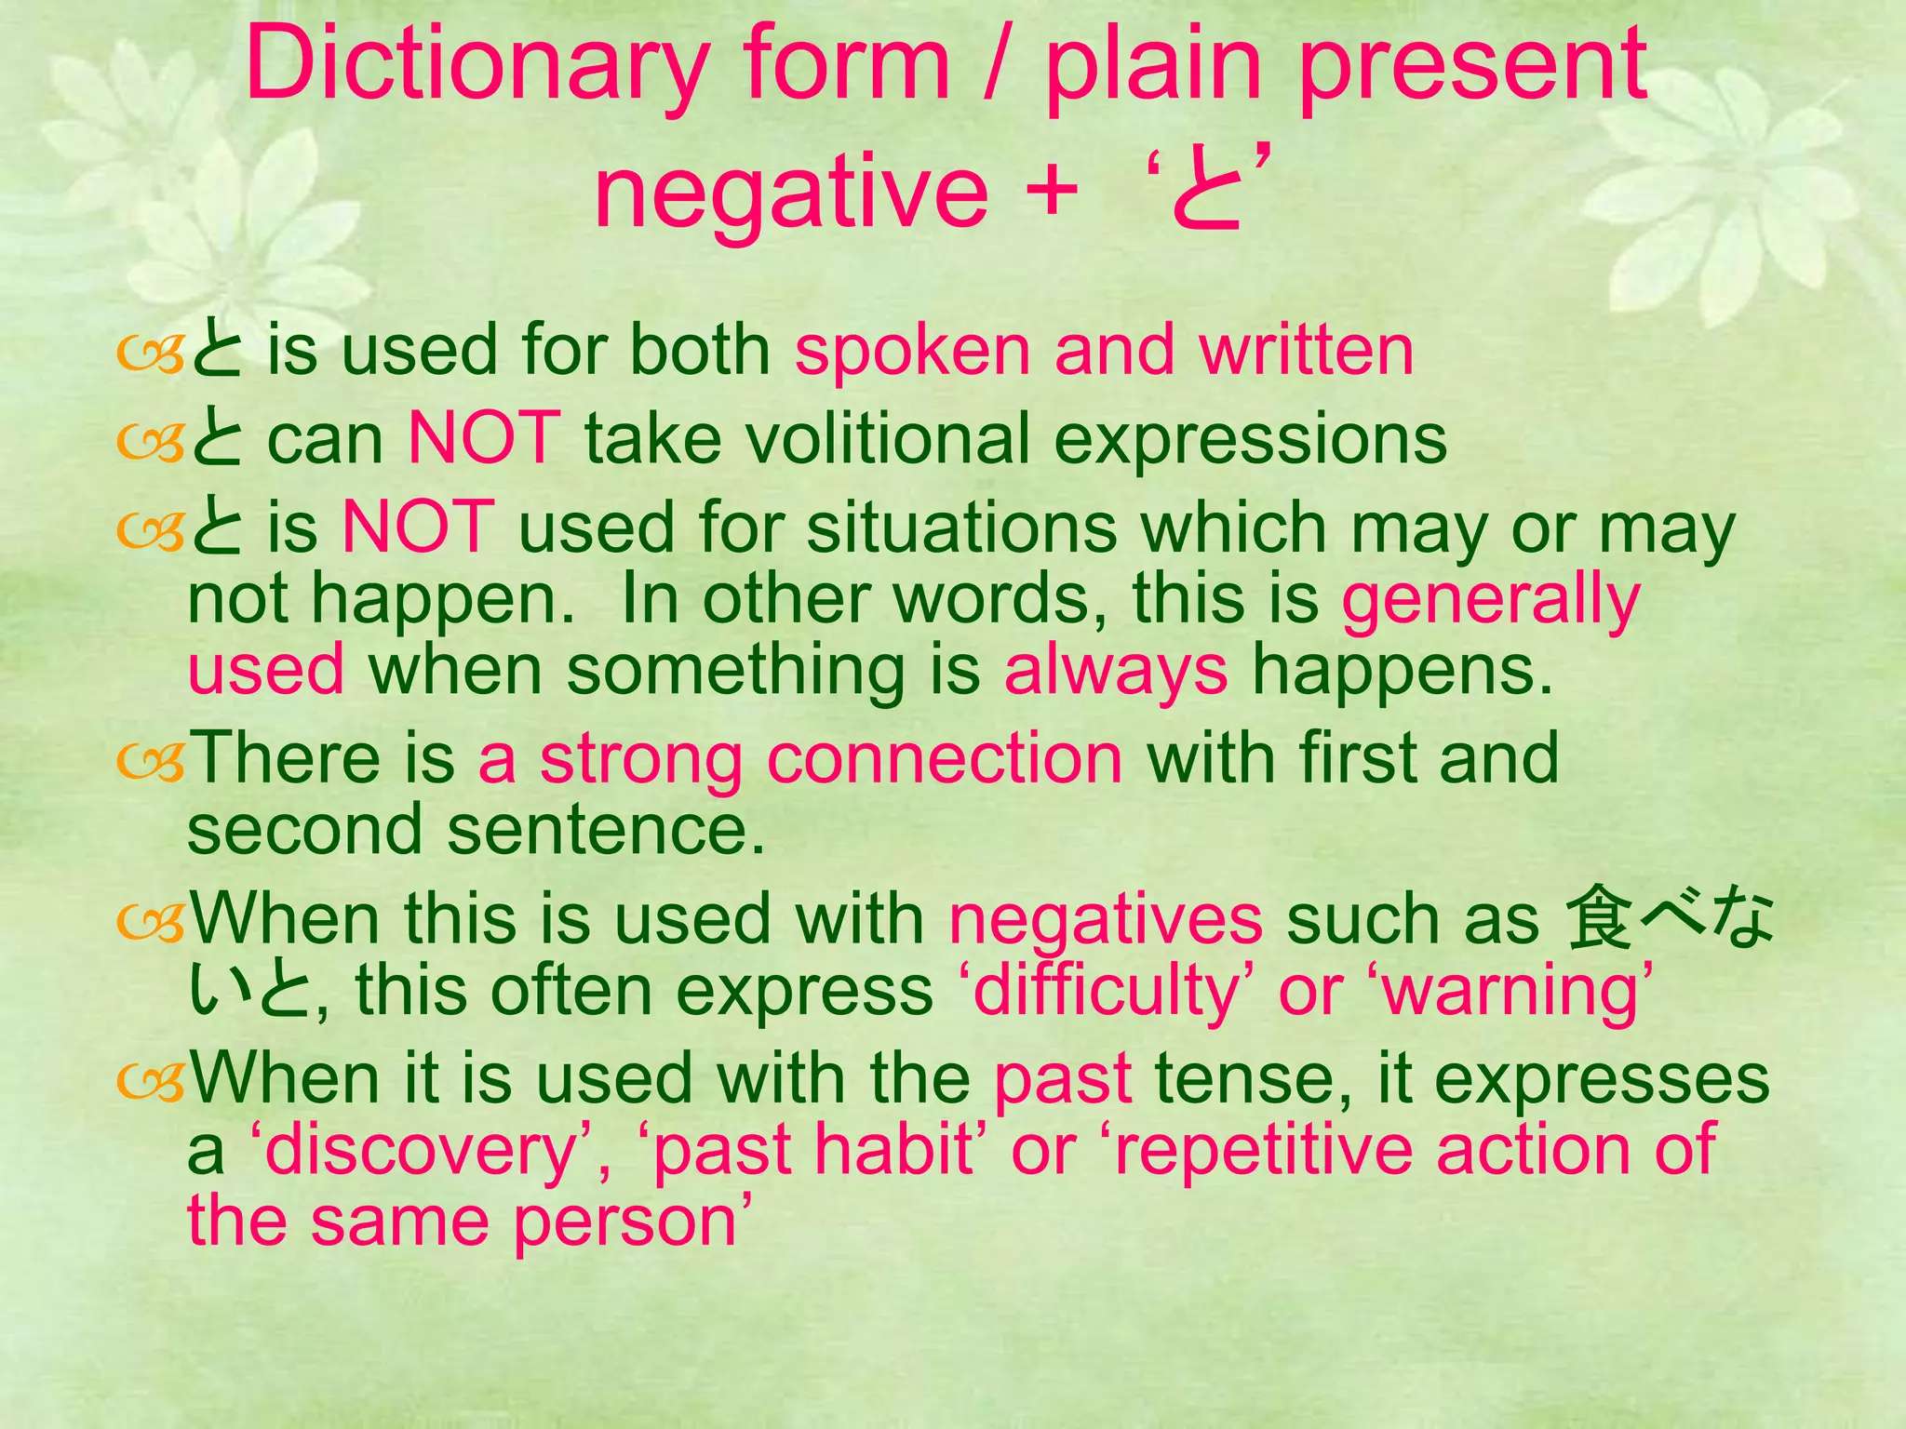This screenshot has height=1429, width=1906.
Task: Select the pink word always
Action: [1116, 671]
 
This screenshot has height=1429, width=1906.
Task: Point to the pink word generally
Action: [1490, 600]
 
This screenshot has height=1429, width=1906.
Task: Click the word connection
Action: [944, 758]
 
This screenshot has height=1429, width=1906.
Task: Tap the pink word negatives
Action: [1106, 919]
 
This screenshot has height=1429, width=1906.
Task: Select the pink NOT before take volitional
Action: [484, 439]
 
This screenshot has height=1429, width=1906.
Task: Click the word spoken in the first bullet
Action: [912, 351]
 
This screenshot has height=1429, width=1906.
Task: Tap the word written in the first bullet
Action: [1307, 351]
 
